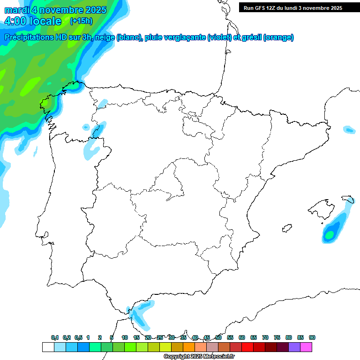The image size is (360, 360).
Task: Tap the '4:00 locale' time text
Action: (33, 21)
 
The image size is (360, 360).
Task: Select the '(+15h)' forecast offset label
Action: (81, 21)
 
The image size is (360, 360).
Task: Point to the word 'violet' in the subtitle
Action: (218, 37)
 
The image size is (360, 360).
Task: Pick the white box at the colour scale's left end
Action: (48, 347)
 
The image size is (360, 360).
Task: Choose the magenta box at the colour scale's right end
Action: (306, 347)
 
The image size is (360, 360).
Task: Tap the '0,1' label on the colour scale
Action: (55, 337)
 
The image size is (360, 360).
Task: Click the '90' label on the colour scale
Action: (312, 337)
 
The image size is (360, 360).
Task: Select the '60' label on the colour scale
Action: (242, 337)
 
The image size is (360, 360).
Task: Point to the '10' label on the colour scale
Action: (125, 337)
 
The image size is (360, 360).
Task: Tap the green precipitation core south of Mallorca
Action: (330, 233)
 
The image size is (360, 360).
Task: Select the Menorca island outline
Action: (348, 199)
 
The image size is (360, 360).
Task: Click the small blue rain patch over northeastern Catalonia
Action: (349, 129)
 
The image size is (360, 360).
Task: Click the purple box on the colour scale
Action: (294, 347)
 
